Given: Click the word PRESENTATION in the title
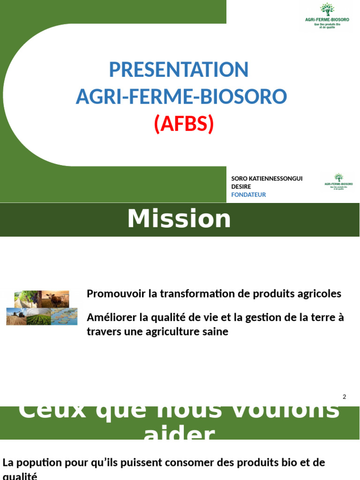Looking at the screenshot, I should point(179,70).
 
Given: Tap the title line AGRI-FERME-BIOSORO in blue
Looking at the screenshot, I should point(181,97).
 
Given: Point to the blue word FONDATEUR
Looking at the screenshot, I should point(248,195).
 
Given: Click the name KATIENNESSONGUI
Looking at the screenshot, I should point(275,179).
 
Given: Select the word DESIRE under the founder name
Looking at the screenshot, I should point(241,187).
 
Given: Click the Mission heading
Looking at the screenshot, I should point(180,219).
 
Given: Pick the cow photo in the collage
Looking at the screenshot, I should point(57,299).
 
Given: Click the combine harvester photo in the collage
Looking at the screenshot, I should point(16,316).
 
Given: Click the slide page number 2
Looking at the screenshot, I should point(344,397).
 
